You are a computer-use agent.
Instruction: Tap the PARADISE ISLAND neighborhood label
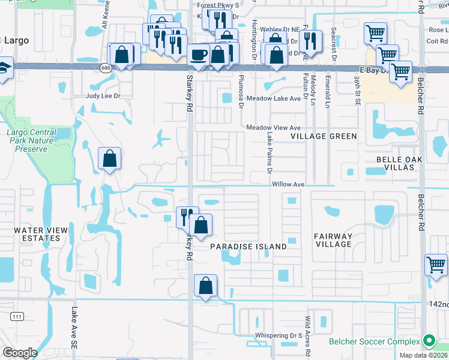pyautogui.click(x=248, y=247)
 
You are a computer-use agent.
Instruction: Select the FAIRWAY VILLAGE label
pyautogui.click(x=333, y=240)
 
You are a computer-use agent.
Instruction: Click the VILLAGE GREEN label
pyautogui.click(x=324, y=136)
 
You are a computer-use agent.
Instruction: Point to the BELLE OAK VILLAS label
pyautogui.click(x=396, y=163)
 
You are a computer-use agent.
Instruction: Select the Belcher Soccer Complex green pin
pyautogui.click(x=428, y=341)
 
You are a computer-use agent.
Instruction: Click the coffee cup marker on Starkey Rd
pyautogui.click(x=199, y=55)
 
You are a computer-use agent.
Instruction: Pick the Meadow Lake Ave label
pyautogui.click(x=273, y=98)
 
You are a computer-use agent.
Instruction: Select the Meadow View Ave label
pyautogui.click(x=273, y=128)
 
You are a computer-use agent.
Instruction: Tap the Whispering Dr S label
pyautogui.click(x=277, y=335)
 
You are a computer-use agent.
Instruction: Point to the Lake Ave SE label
pyautogui.click(x=74, y=324)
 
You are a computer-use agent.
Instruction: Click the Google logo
pyautogui.click(x=20, y=353)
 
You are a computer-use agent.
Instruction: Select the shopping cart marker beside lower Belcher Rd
pyautogui.click(x=436, y=265)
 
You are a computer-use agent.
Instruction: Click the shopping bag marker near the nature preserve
pyautogui.click(x=109, y=159)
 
